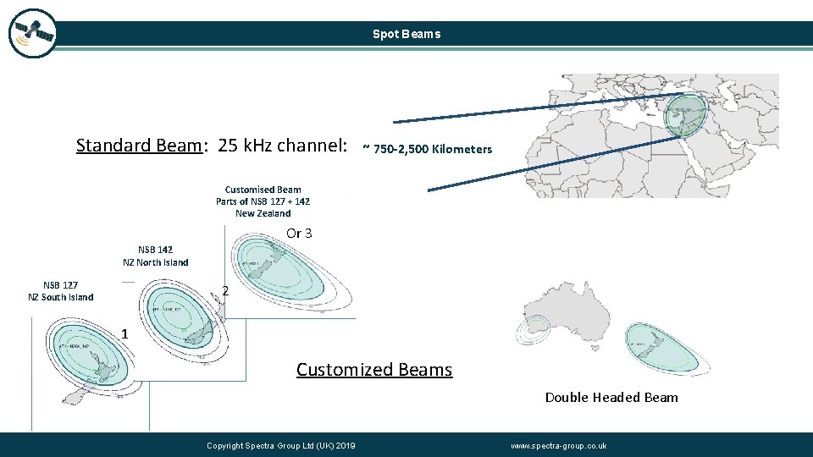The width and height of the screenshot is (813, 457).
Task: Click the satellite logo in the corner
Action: click(32, 34)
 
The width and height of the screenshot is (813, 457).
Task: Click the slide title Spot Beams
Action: click(406, 35)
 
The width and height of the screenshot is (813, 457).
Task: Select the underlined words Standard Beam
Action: click(140, 146)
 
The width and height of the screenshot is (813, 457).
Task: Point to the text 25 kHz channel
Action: click(282, 146)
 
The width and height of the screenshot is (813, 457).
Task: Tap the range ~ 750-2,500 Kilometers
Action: click(427, 150)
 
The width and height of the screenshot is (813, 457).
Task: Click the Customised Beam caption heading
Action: click(263, 190)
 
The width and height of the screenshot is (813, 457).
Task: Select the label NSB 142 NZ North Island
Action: click(156, 256)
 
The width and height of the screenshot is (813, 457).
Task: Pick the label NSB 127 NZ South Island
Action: click(61, 291)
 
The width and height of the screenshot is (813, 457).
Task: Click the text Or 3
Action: click(299, 233)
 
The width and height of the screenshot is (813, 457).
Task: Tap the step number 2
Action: click(225, 292)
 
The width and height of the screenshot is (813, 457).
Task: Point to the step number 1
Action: click(124, 334)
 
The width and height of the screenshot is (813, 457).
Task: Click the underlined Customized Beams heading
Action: click(374, 370)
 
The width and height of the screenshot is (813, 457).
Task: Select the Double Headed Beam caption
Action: click(611, 397)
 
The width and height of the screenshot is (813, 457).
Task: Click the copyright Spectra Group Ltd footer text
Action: click(281, 446)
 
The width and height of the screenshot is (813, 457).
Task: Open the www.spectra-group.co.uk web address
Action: click(559, 446)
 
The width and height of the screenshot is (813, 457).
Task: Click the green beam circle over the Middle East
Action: click(684, 114)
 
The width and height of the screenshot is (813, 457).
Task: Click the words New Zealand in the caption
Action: click(263, 213)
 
